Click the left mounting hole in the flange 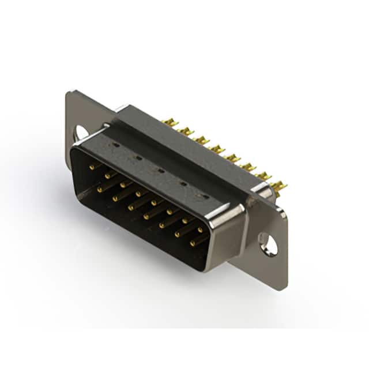[81, 132]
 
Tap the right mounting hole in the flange [268, 243]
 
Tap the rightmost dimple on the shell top [202, 196]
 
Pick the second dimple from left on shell [138, 158]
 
